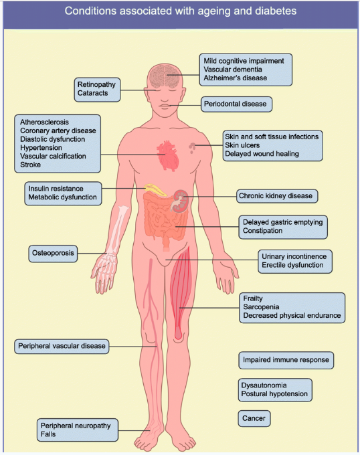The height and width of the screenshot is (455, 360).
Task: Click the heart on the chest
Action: [x=167, y=156]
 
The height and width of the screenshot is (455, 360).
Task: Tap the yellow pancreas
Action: [x=155, y=189]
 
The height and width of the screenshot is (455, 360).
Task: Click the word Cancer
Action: [x=254, y=418]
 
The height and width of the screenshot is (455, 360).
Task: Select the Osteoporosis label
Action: [x=53, y=254]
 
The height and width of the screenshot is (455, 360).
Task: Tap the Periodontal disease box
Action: [x=236, y=104]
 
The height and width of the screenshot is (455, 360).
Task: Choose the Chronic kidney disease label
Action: [x=277, y=196]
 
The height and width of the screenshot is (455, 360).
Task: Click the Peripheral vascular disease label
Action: [x=62, y=346]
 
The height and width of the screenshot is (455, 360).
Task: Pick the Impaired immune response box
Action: [x=286, y=360]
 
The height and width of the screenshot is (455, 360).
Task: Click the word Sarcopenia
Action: [x=261, y=307]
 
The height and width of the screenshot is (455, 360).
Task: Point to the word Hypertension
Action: [x=41, y=148]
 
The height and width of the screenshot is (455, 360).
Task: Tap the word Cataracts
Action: [x=92, y=93]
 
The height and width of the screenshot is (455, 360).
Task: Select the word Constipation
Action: [x=262, y=231]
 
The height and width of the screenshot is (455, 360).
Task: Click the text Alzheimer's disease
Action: [x=236, y=78]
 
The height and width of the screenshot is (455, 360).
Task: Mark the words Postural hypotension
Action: [x=274, y=393]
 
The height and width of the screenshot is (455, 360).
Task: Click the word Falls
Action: [x=48, y=434]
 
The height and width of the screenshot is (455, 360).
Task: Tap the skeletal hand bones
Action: [x=105, y=270]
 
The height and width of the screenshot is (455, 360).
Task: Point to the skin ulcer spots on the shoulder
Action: [x=192, y=147]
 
